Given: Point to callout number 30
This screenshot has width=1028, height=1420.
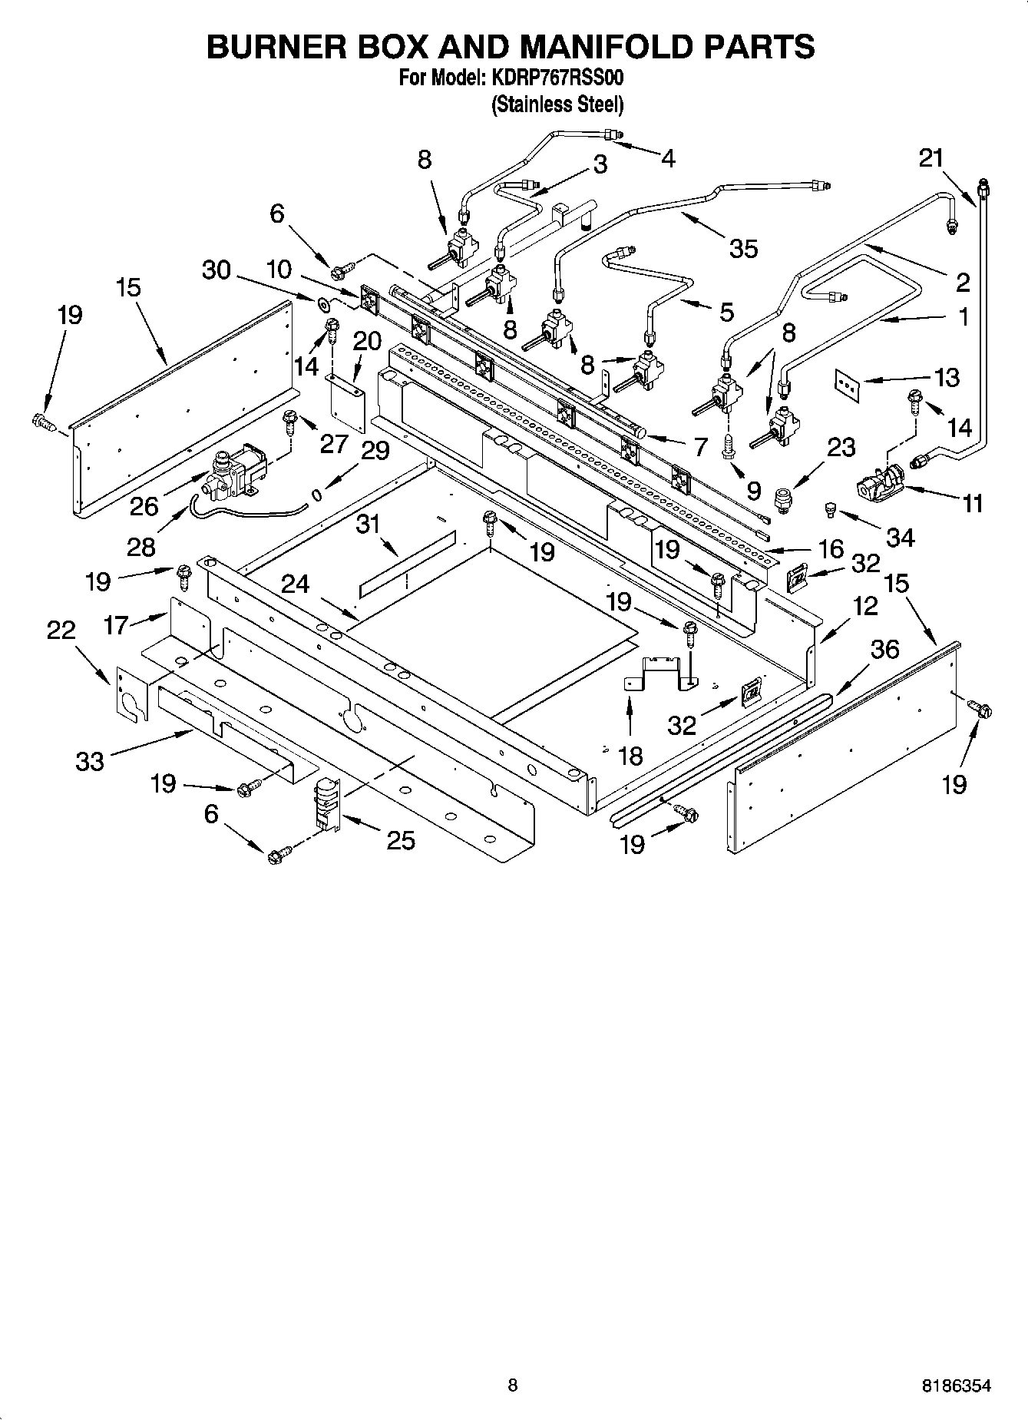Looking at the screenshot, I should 217,270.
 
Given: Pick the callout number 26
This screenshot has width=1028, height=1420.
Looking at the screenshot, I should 144,506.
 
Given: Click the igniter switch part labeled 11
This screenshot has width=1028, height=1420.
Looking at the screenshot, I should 880,482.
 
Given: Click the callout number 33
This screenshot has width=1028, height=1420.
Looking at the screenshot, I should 90,761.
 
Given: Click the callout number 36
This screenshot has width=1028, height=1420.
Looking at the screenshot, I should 884,650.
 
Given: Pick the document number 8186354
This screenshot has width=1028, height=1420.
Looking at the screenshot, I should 956,1386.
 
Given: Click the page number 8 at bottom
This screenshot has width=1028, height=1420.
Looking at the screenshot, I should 513,1386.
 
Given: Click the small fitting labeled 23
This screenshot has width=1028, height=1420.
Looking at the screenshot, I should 784,500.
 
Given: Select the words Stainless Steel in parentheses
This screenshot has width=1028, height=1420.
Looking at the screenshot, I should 557,104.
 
